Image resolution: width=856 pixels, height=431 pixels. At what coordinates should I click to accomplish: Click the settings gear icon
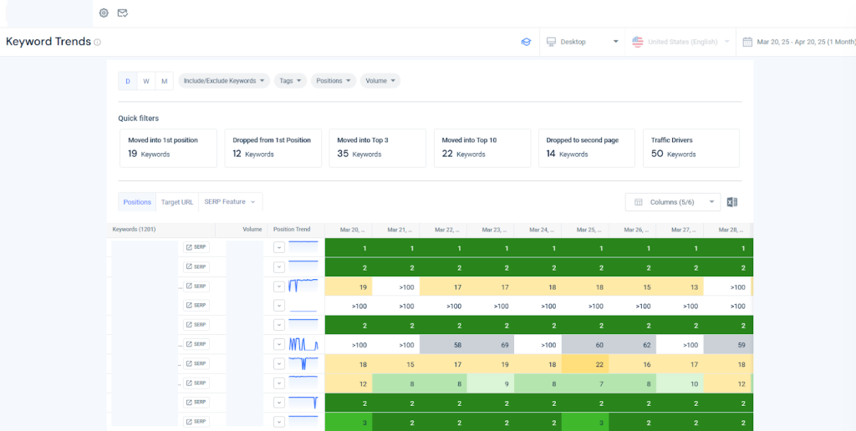point(104,13)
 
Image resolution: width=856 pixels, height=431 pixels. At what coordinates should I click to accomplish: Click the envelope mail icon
point(122,13)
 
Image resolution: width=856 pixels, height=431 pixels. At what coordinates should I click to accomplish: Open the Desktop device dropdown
point(582,42)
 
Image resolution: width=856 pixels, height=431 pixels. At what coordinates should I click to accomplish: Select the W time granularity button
point(146,81)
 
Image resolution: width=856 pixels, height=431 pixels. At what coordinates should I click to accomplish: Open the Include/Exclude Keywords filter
point(224,81)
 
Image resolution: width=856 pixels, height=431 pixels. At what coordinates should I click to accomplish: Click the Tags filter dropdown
point(290,81)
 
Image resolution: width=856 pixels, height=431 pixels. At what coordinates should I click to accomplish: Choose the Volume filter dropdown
point(380,81)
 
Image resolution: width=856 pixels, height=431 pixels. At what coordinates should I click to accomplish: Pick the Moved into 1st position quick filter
point(167,147)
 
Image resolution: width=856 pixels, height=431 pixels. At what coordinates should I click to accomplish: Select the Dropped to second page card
point(584,147)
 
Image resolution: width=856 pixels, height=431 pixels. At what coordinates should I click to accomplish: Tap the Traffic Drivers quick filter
point(690,147)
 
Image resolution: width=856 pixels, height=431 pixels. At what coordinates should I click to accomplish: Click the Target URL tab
point(177,202)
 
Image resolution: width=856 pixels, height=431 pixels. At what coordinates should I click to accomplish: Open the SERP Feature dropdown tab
point(230,202)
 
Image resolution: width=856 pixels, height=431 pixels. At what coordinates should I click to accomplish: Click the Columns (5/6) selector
point(672,202)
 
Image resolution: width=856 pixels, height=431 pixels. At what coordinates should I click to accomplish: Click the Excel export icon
point(731,202)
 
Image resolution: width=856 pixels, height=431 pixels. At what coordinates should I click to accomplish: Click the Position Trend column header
point(292,229)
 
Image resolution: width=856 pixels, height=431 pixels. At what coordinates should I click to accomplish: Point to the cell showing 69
point(505,344)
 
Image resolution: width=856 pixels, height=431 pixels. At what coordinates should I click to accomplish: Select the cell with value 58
point(457,344)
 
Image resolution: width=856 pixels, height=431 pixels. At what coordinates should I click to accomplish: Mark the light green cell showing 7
point(600,383)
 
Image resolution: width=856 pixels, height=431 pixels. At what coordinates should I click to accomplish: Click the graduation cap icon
point(526,42)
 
